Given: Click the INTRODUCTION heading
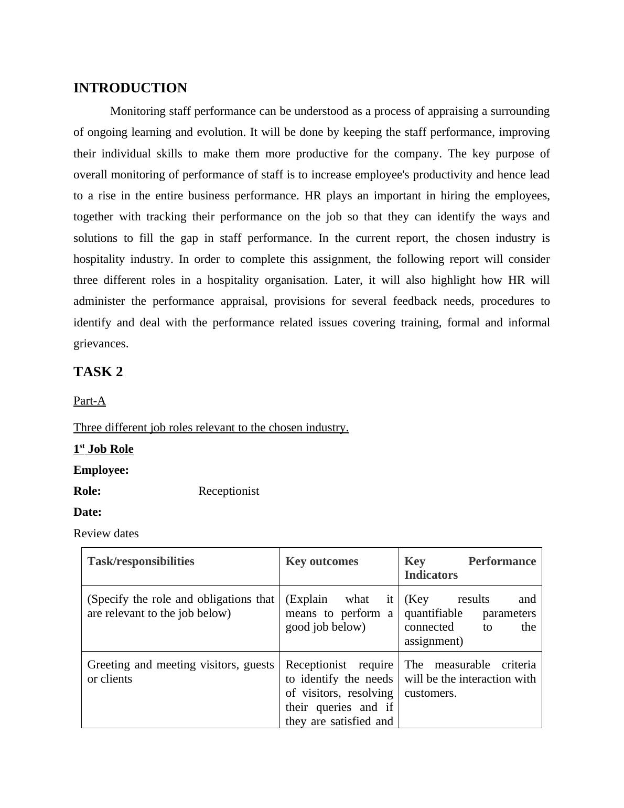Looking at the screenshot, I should click(130, 88).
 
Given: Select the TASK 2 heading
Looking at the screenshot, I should click(98, 371).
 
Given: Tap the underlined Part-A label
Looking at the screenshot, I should click(90, 401).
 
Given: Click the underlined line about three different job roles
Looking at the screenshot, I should click(211, 428).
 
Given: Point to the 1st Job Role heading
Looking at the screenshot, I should click(103, 449).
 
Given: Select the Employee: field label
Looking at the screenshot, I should click(101, 470).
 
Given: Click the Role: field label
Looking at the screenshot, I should click(87, 491).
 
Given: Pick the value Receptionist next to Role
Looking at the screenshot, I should click(229, 491).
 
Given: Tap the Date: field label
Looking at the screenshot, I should click(88, 512).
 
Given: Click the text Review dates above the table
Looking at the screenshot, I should click(106, 534).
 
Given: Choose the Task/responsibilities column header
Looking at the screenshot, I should click(141, 561).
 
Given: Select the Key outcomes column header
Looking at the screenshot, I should click(321, 561).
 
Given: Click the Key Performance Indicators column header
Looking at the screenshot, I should click(470, 568).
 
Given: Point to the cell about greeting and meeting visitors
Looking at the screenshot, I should click(180, 672).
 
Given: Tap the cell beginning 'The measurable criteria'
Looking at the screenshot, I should click(470, 678).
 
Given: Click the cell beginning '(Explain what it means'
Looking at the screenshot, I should click(339, 613).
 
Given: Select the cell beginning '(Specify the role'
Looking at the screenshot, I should click(180, 606).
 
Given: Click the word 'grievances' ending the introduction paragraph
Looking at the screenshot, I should click(101, 344).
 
